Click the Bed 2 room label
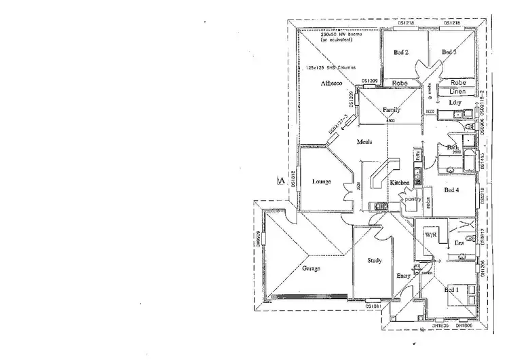pos(401,52)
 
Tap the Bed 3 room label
pos(449,52)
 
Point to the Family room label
pos(391,109)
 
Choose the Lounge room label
pos(321,181)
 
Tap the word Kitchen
pos(399,183)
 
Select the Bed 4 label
pos(452,190)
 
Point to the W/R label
pos(430,234)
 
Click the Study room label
pos(374,260)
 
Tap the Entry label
pos(403,276)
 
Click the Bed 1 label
pos(451,290)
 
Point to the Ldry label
pos(455,103)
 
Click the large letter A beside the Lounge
pos(280,180)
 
